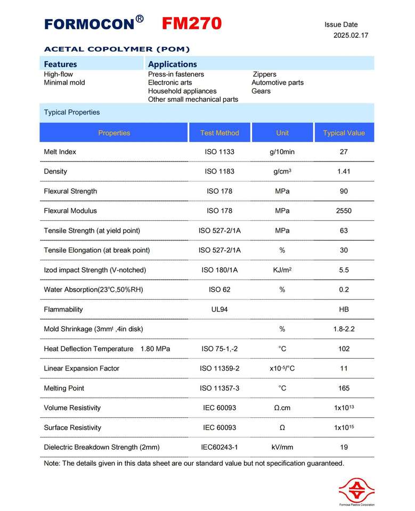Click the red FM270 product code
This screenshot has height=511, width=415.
(x=191, y=24)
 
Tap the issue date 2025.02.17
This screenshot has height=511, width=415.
(x=351, y=36)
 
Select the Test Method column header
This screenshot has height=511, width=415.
(x=219, y=133)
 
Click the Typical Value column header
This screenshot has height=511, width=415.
(x=344, y=133)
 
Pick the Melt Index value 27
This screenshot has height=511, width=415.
(x=344, y=152)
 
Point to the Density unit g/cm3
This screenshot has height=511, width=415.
(x=282, y=171)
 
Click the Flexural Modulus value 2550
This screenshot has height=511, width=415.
(x=344, y=211)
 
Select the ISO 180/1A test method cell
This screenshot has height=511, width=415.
(x=219, y=270)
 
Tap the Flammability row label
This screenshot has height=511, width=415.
(x=63, y=309)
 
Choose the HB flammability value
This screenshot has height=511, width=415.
(x=344, y=309)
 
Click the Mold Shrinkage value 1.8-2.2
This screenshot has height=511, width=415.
(x=344, y=329)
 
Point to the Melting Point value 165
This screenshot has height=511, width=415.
(x=344, y=388)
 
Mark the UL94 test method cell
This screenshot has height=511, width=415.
(x=219, y=309)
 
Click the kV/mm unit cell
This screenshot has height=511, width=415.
(x=282, y=447)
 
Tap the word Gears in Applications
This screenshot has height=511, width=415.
(x=261, y=91)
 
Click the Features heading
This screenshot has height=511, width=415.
(x=60, y=64)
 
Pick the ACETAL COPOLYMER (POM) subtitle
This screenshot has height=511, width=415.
(x=117, y=50)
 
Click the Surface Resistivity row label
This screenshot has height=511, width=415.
(x=72, y=427)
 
